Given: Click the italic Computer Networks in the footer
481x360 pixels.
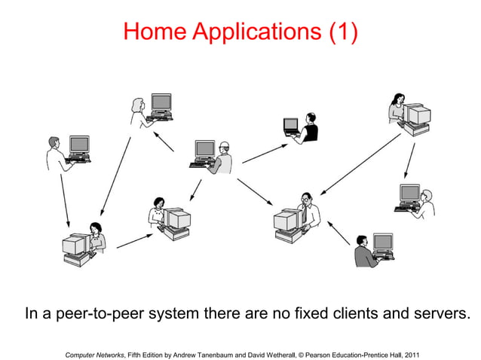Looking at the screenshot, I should [95, 354].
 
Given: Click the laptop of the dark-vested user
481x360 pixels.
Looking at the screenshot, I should [290, 125].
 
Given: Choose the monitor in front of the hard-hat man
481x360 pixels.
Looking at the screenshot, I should [204, 149].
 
